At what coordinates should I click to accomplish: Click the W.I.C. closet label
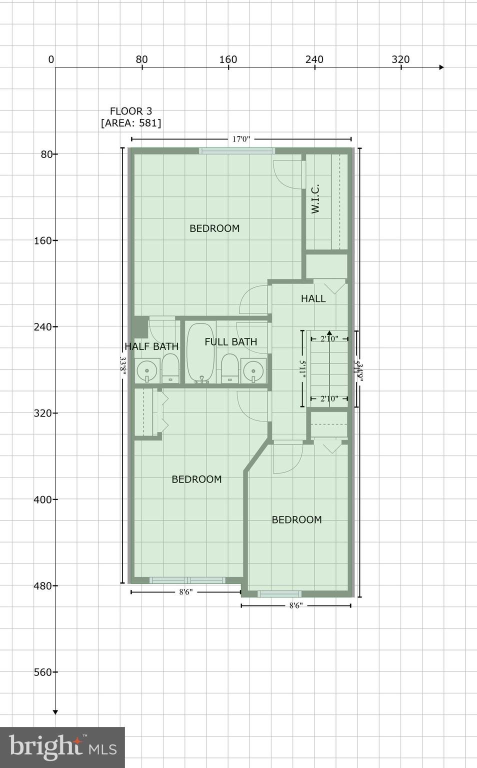[315, 199]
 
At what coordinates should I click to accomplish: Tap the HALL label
[313, 299]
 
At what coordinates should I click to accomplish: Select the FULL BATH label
[231, 342]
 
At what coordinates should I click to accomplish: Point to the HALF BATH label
[151, 346]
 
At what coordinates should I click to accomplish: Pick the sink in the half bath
[147, 371]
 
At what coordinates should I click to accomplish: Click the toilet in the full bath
[229, 369]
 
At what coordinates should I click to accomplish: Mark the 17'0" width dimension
[241, 139]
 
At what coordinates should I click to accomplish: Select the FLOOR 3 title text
[131, 111]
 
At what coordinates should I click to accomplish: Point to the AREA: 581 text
[131, 123]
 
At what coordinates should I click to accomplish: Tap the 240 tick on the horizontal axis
[314, 60]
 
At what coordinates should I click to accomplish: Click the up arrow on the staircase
[329, 332]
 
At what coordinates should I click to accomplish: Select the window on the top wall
[237, 150]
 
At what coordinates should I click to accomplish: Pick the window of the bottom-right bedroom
[279, 594]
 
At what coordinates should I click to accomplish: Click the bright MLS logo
[62, 747]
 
